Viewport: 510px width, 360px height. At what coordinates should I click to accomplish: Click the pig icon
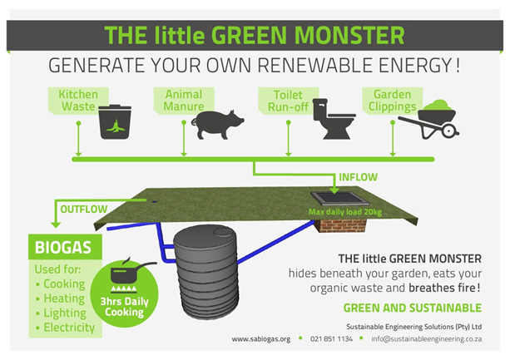217,125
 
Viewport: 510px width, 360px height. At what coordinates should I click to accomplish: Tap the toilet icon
333,119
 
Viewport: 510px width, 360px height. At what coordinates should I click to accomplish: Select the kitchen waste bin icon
115,122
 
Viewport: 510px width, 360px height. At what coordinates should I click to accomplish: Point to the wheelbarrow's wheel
449,131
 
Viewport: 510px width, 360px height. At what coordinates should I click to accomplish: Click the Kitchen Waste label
78,101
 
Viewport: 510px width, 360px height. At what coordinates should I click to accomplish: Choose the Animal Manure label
184,101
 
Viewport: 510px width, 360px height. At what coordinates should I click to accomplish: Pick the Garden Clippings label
392,101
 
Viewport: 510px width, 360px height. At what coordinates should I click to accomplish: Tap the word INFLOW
358,177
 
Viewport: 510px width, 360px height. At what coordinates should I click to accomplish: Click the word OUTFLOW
84,209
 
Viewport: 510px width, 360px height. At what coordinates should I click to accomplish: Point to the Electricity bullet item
66,328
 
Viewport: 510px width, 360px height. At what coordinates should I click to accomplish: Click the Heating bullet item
61,298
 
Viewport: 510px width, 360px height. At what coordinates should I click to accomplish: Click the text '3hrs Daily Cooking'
124,307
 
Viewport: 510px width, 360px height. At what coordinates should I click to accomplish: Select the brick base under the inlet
341,225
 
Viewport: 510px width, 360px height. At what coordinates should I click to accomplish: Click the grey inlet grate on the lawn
340,199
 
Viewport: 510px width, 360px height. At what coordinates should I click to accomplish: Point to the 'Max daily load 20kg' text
345,212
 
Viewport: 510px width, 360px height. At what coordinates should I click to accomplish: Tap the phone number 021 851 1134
331,339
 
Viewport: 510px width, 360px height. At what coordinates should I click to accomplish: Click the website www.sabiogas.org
261,339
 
